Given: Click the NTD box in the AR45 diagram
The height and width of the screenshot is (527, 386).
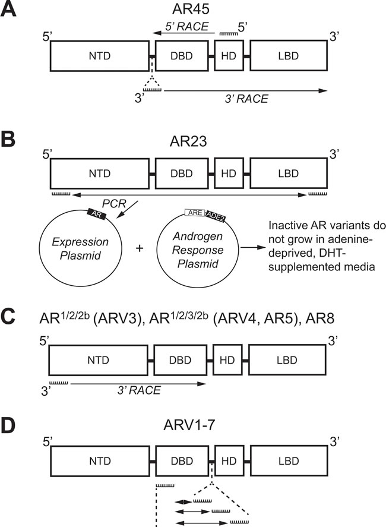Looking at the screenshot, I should coord(99,57).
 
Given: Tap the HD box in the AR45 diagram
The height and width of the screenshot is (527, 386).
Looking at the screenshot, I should coord(229,57).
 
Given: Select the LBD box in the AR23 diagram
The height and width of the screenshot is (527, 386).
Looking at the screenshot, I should coord(287,173).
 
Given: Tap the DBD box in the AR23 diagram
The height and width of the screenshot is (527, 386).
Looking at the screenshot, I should coord(183,173).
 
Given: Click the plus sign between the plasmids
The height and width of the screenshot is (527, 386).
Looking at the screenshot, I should coord(141,248).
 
